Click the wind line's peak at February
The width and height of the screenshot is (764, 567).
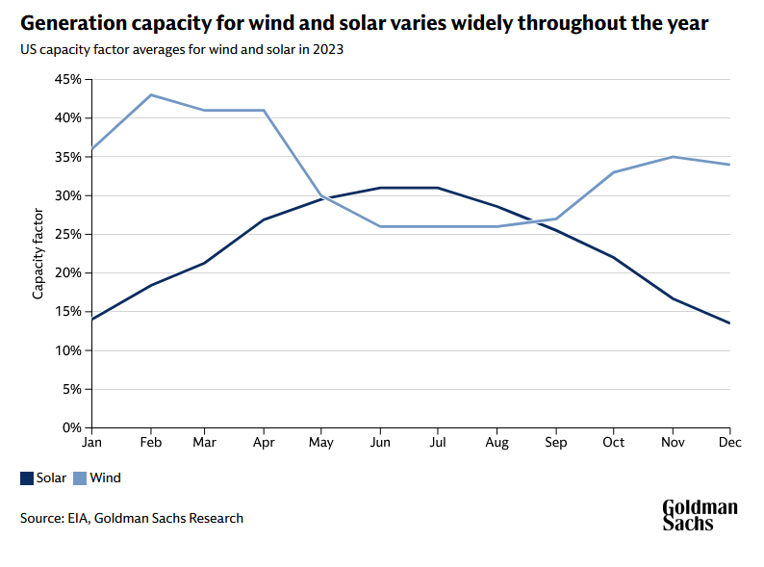(x=150, y=94)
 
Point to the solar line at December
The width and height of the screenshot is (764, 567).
(x=730, y=323)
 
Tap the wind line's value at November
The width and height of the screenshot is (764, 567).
(x=673, y=157)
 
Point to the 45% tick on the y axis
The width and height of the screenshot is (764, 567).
(x=67, y=79)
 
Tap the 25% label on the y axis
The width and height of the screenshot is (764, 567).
(x=67, y=234)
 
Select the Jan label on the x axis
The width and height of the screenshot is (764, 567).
(x=91, y=443)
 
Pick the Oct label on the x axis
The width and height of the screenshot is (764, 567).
(x=614, y=443)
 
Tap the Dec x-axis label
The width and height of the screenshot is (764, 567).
(x=730, y=443)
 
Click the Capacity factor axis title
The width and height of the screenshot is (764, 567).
(x=38, y=253)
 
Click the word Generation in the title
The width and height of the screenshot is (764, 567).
(x=72, y=23)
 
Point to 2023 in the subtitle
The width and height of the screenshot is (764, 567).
(x=325, y=50)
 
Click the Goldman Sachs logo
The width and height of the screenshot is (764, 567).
(x=700, y=515)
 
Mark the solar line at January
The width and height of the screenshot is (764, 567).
(x=91, y=320)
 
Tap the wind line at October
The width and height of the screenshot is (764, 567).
(x=614, y=172)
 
